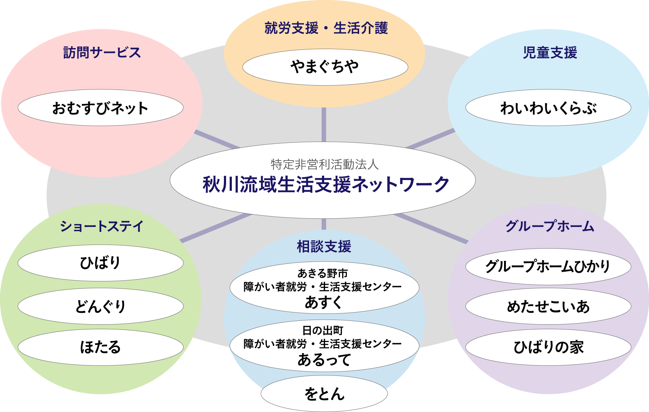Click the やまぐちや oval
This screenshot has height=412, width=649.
(x=325, y=67)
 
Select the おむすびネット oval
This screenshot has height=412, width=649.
(x=100, y=108)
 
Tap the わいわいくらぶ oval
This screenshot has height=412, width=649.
(x=548, y=108)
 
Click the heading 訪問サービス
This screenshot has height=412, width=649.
(x=102, y=53)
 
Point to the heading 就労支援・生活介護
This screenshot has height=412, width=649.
(x=326, y=28)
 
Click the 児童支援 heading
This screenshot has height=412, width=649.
(x=550, y=53)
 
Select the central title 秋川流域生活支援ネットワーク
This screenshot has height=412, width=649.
(x=326, y=184)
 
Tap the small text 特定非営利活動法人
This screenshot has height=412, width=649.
(x=324, y=165)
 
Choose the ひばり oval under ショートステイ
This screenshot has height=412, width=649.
(x=100, y=263)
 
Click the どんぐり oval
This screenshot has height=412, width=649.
(x=100, y=306)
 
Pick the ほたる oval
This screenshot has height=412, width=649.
(x=100, y=347)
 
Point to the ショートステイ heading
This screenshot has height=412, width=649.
(x=102, y=227)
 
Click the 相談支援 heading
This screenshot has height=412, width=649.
(x=324, y=247)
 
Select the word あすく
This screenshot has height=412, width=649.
(x=323, y=302)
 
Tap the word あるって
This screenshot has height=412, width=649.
(x=324, y=360)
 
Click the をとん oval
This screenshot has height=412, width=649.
(x=324, y=394)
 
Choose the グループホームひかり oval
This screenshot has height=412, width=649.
(x=548, y=267)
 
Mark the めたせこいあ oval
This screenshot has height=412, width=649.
(x=548, y=307)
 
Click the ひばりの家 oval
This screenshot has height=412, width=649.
(x=548, y=347)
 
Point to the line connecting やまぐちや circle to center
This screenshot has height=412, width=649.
(x=324, y=124)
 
